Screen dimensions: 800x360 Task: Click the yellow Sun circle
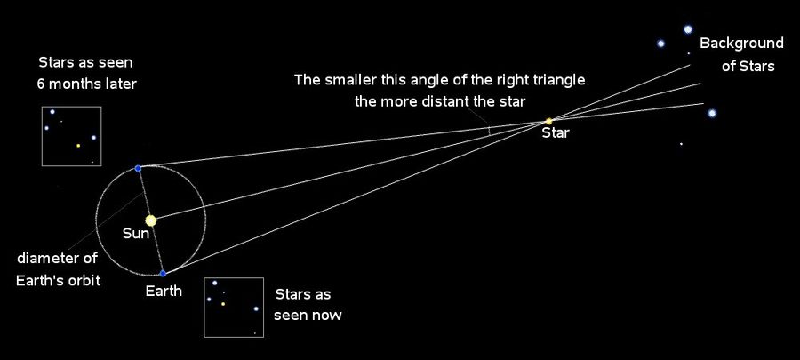150,220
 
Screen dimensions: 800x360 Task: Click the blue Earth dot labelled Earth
163,273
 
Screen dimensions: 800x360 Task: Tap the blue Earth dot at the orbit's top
138,168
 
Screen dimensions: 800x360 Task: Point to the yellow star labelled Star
549,122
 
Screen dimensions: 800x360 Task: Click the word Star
555,133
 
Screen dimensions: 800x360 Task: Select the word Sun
136,234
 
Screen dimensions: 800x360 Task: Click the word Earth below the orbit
164,292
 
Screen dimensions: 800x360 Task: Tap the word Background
741,44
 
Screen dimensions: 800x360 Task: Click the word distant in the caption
449,101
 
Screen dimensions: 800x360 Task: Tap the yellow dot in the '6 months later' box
78,146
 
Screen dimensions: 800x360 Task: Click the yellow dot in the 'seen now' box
223,304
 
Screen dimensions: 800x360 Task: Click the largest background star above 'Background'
688,29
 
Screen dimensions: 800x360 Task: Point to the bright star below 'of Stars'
712,113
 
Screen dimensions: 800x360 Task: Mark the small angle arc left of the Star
489,131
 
